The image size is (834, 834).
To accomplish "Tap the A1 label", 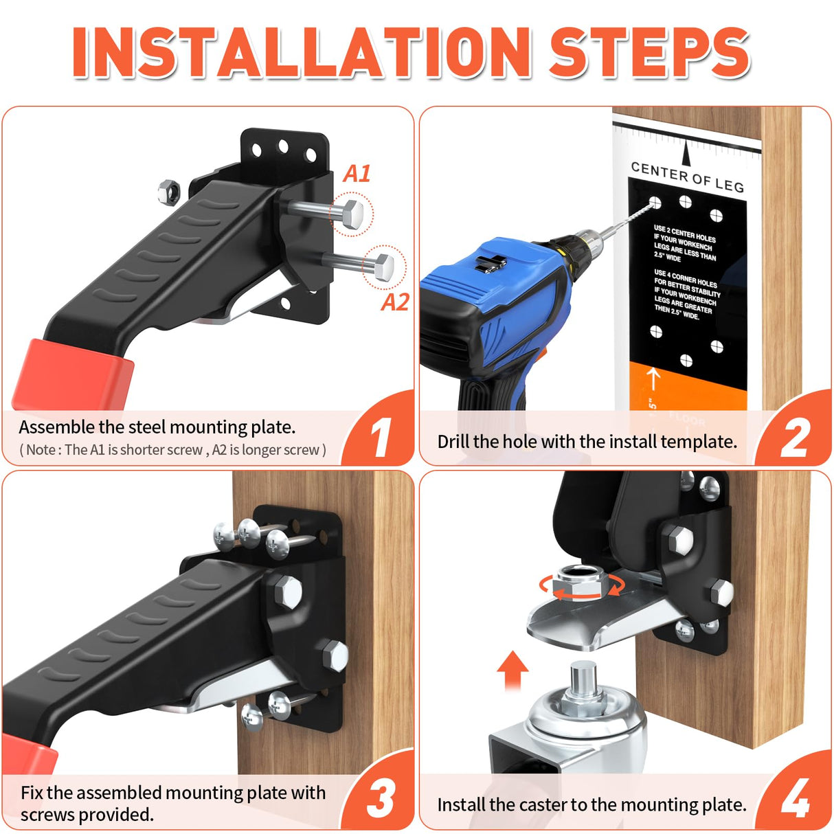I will [357, 174].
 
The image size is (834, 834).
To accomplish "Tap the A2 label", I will [395, 302].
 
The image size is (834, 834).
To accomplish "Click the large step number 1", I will [379, 438].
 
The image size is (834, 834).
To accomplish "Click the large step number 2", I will [796, 438].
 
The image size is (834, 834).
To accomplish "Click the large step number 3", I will [380, 798].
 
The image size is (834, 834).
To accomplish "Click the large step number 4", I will [796, 798].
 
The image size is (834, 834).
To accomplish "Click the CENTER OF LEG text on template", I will [687, 177].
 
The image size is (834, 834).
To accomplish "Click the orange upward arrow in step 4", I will [512, 670].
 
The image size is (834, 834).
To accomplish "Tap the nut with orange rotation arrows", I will [581, 584].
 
